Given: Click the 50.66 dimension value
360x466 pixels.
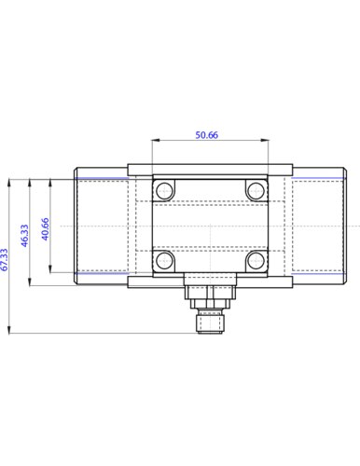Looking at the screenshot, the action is pyautogui.click(x=207, y=135).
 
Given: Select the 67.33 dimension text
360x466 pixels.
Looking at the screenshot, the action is pyautogui.click(x=5, y=260).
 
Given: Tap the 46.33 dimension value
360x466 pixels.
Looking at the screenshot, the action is pyautogui.click(x=25, y=236).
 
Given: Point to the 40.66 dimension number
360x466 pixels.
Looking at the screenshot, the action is pyautogui.click(x=46, y=229).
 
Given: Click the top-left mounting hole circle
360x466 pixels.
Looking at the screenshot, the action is pyautogui.click(x=164, y=190).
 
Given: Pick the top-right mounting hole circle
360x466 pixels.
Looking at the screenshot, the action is pyautogui.click(x=256, y=190).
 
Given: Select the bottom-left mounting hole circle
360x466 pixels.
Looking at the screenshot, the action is pyautogui.click(x=164, y=260).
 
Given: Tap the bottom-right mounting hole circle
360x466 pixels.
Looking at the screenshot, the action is pyautogui.click(x=256, y=260).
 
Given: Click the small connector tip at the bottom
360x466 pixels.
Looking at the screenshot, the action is pyautogui.click(x=210, y=323).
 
